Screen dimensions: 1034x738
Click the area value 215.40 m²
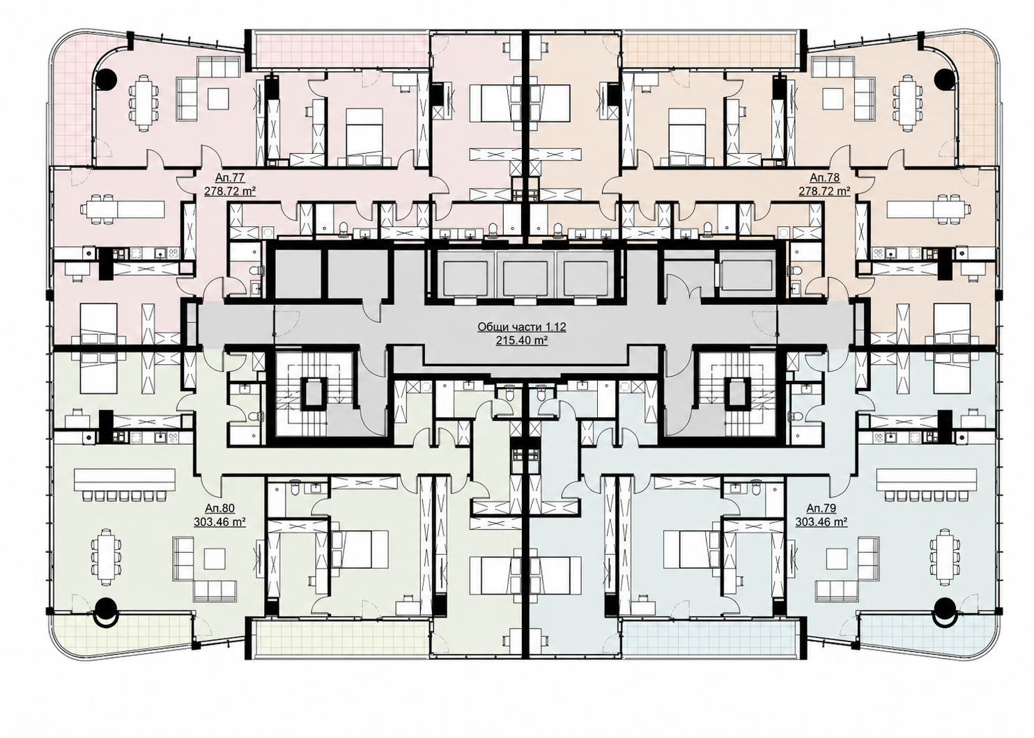tap(522, 341)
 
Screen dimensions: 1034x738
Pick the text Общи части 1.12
tap(522, 327)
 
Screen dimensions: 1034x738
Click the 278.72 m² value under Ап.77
tap(230, 191)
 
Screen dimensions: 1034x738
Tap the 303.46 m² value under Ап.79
tap(821, 521)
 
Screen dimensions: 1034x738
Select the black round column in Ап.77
tap(107, 79)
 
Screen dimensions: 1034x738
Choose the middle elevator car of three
tap(522, 279)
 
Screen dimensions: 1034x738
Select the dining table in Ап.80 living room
tap(107, 557)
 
